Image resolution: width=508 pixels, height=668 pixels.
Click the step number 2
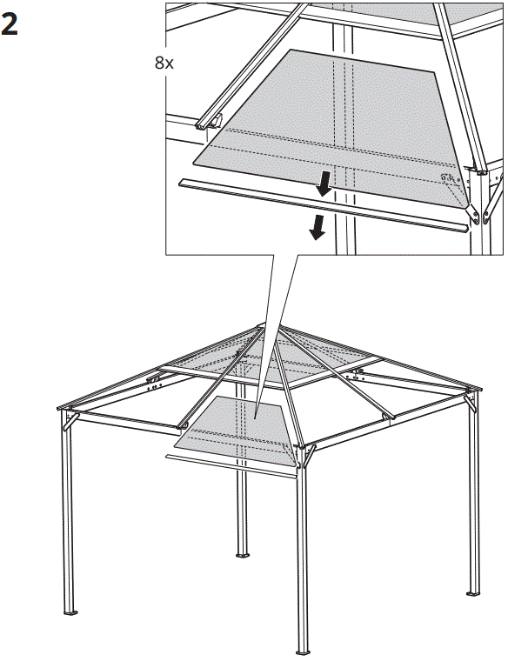point(10,23)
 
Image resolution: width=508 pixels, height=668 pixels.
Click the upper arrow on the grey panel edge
point(324,184)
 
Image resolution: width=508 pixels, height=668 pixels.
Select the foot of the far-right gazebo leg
point(473,593)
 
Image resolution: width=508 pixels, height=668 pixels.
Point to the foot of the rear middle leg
point(243,555)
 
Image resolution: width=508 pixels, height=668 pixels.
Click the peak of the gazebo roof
point(262,326)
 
